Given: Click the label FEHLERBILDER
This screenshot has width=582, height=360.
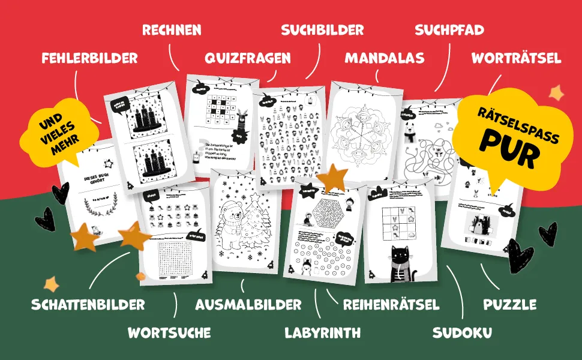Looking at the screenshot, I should pyautogui.click(x=89, y=58).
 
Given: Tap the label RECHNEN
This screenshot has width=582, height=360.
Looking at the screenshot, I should pyautogui.click(x=172, y=29).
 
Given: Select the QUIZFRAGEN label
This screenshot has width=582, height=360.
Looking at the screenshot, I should pyautogui.click(x=247, y=58).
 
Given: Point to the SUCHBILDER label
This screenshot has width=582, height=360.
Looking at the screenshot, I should pyautogui.click(x=322, y=29).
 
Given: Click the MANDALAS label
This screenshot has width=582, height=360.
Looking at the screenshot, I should pyautogui.click(x=384, y=58).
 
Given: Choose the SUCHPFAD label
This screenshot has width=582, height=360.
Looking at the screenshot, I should pyautogui.click(x=449, y=29).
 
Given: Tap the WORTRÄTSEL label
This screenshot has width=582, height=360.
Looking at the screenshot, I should pyautogui.click(x=516, y=58).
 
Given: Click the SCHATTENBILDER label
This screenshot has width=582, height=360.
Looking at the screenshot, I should pyautogui.click(x=88, y=304).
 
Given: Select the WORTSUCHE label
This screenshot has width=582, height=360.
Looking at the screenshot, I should pyautogui.click(x=169, y=332).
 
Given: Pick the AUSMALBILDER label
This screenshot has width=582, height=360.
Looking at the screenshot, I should pyautogui.click(x=248, y=304).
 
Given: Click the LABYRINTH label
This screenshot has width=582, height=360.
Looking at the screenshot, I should pyautogui.click(x=322, y=332).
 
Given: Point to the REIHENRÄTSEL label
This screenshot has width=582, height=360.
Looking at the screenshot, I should pyautogui.click(x=391, y=304).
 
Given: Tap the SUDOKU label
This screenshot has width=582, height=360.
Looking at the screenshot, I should pyautogui.click(x=462, y=332).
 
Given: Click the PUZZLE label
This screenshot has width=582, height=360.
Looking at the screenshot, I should pyautogui.click(x=510, y=304).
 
